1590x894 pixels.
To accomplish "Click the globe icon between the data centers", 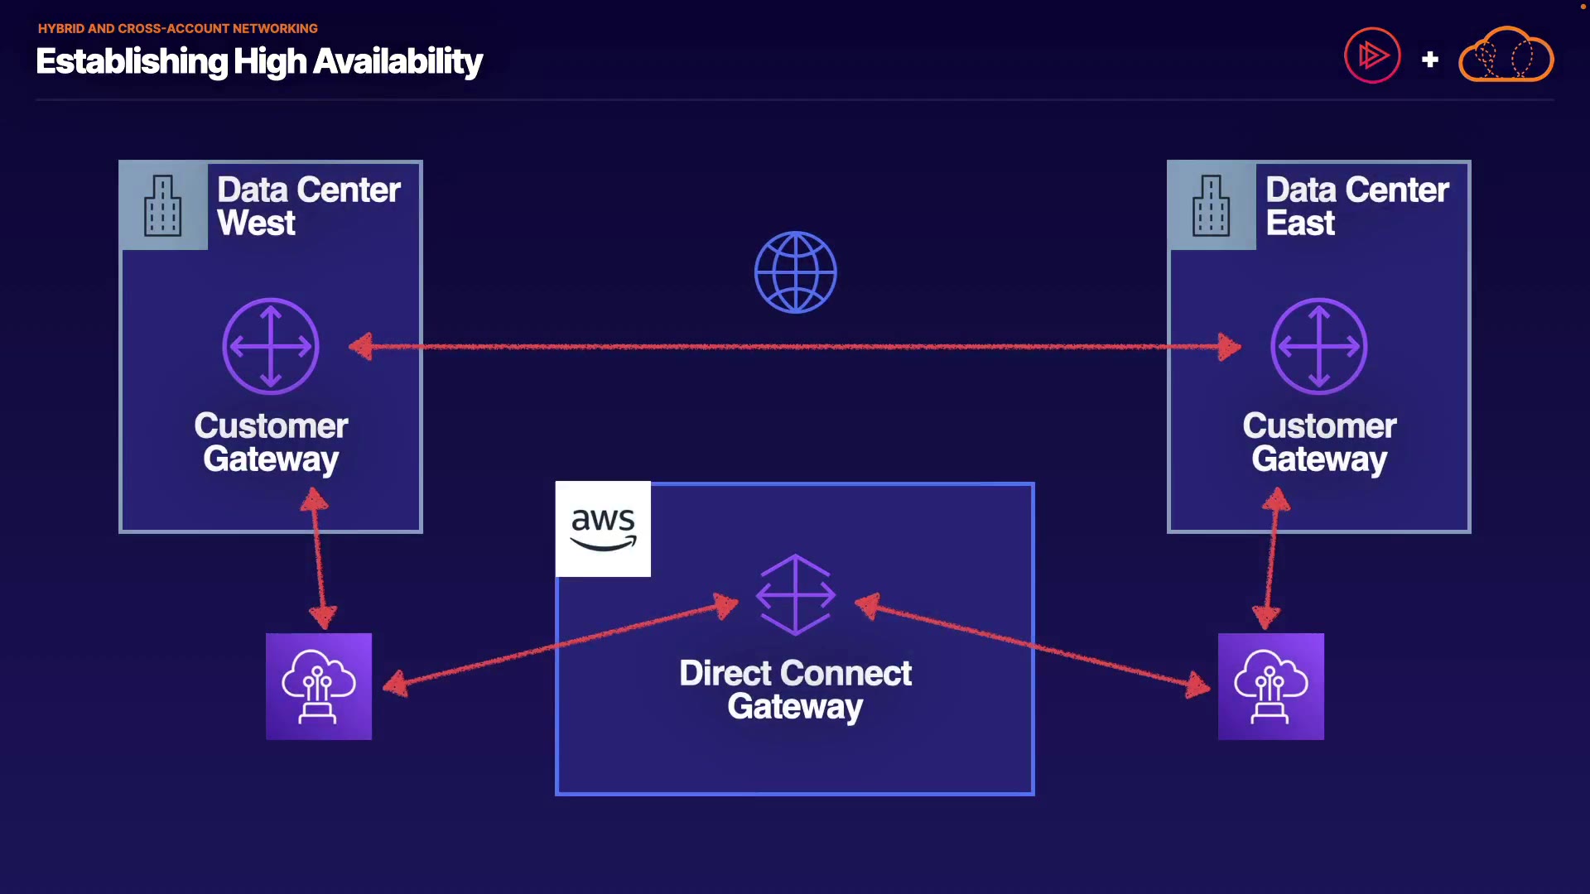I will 795,272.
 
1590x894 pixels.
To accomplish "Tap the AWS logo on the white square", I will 603,529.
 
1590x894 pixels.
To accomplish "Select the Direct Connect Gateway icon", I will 795,594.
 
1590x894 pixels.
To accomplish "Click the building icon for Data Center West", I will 162,206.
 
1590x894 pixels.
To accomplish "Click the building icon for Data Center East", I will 1211,206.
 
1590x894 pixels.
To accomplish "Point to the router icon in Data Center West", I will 271,346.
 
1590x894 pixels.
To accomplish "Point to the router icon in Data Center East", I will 1318,346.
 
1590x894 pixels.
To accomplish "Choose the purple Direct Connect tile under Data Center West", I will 319,686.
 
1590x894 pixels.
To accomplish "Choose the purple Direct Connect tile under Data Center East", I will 1270,686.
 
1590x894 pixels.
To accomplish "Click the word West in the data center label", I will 256,223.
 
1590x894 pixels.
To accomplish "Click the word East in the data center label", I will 1300,223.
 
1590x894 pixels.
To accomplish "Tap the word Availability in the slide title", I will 397,62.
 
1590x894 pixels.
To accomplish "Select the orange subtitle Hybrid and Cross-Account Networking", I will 178,28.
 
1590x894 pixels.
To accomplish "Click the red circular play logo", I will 1372,55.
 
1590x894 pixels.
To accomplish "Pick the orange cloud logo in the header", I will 1506,55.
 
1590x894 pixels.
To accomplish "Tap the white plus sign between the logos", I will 1429,60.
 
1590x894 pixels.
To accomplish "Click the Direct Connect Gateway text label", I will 795,690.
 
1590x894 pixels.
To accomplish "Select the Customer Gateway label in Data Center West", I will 271,442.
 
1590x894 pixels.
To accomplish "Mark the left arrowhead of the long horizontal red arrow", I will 361,346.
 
